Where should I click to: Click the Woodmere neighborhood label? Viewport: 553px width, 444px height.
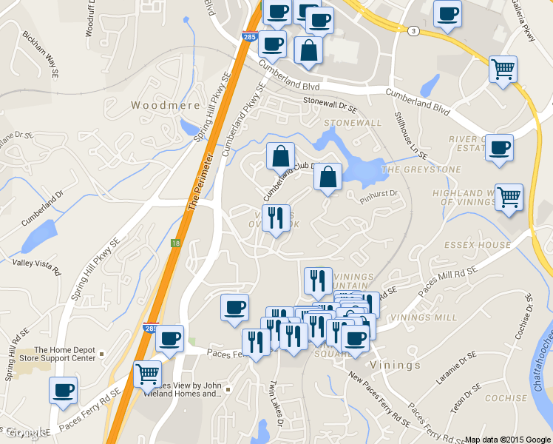tap(166, 105)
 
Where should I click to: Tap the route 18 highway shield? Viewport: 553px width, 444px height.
tap(175, 243)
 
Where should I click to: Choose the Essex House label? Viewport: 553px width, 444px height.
tap(478, 245)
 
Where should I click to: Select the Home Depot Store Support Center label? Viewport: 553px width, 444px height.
tap(65, 354)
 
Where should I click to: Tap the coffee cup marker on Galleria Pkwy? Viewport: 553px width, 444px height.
tap(447, 13)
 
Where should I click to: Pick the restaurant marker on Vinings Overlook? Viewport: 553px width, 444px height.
tap(276, 218)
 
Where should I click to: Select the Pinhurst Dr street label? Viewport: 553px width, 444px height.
tap(380, 194)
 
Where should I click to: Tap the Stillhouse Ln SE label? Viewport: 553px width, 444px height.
tap(410, 135)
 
